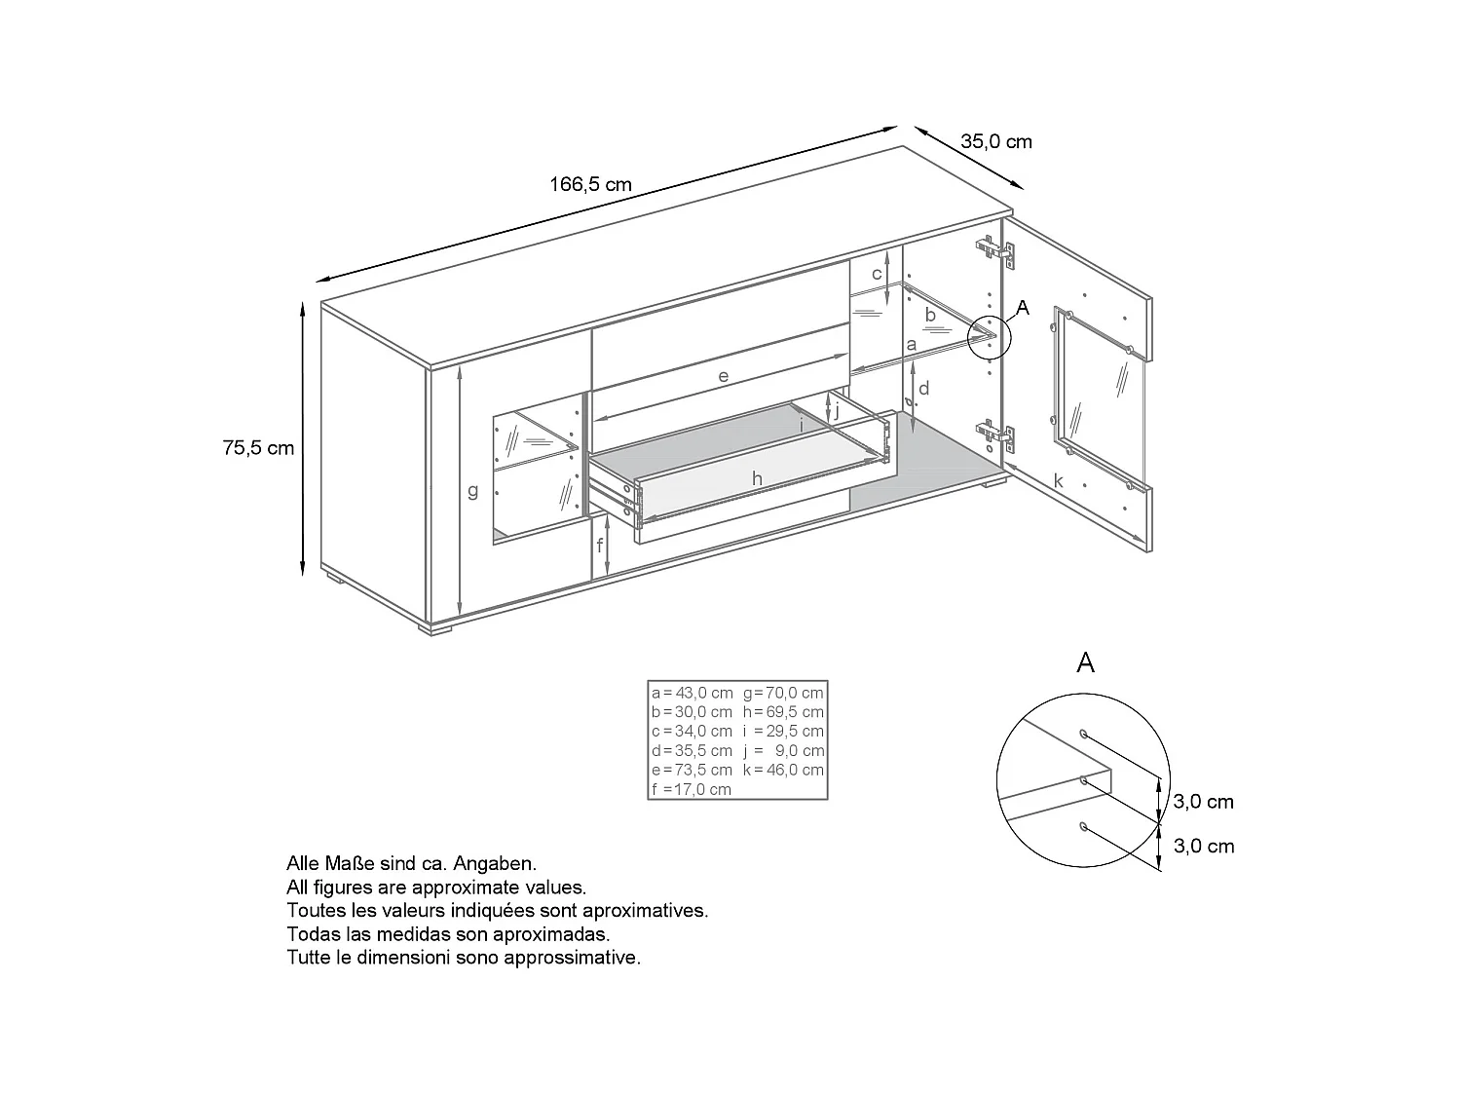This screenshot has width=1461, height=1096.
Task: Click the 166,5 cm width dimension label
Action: click(590, 184)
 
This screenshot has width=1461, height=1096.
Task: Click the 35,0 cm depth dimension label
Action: click(996, 141)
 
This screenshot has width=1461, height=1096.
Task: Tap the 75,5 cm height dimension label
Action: click(258, 448)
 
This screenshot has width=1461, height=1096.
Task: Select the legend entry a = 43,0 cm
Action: click(692, 693)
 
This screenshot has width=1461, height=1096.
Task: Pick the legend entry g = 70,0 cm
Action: click(783, 693)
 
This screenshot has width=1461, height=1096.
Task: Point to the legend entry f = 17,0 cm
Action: click(692, 789)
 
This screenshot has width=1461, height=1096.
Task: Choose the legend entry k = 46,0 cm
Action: click(783, 770)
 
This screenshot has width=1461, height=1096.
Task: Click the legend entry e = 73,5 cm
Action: click(692, 770)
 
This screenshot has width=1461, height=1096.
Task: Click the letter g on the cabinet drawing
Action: click(473, 491)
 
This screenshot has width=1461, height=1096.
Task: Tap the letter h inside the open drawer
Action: click(756, 478)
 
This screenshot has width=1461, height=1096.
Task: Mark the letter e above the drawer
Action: click(723, 375)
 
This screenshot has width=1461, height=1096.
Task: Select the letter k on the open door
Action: click(1059, 481)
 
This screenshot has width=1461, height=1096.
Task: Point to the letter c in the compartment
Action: click(877, 274)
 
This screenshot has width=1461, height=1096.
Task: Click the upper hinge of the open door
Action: click(997, 252)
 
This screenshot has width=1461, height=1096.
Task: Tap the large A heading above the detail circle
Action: click(1086, 663)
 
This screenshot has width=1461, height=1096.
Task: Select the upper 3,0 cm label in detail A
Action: click(1203, 802)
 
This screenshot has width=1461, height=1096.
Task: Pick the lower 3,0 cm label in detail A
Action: click(1203, 846)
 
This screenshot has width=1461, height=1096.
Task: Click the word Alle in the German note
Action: click(303, 863)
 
